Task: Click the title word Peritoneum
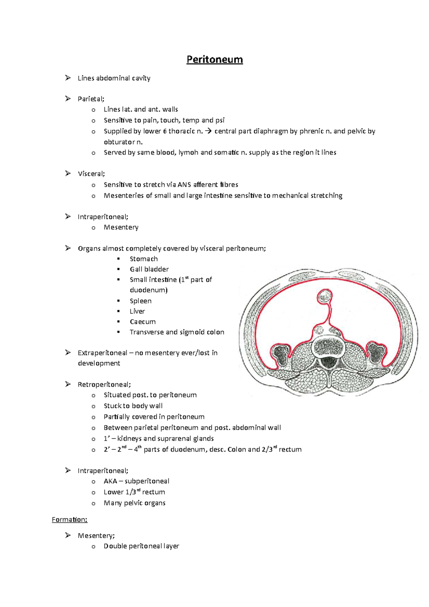(x=214, y=59)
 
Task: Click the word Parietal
(x=90, y=99)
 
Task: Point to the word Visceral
(x=91, y=174)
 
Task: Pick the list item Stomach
(x=144, y=259)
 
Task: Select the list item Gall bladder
(x=149, y=269)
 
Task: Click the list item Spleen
(x=140, y=301)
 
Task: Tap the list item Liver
(x=137, y=311)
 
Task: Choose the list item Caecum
(x=143, y=322)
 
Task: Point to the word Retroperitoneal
(x=104, y=385)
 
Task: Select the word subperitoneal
(x=147, y=481)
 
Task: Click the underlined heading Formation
(x=69, y=519)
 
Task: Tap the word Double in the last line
(x=115, y=546)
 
